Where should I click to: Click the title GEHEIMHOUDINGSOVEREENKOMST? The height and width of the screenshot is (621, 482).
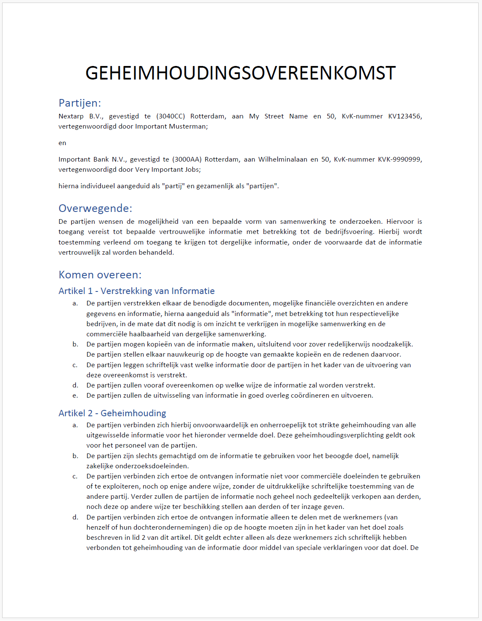[241, 73]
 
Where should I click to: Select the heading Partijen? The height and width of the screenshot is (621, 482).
[80, 103]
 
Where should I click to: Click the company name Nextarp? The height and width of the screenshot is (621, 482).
[71, 116]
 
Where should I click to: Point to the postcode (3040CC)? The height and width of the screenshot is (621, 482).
[170, 116]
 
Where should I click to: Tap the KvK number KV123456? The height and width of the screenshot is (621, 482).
[404, 116]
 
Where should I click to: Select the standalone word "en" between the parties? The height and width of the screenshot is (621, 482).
[62, 143]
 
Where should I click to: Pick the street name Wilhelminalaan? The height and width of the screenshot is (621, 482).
[282, 159]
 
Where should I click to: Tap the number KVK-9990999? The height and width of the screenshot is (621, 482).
[399, 159]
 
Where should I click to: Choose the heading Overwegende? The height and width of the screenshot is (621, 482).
[95, 208]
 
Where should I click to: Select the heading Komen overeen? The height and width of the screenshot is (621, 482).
[100, 275]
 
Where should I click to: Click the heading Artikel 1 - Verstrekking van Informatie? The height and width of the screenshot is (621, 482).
[136, 291]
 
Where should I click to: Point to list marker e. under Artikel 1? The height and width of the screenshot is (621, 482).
[75, 396]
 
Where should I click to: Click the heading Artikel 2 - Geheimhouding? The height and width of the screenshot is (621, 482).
[112, 413]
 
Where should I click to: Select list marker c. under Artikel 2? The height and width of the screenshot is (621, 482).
[75, 476]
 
